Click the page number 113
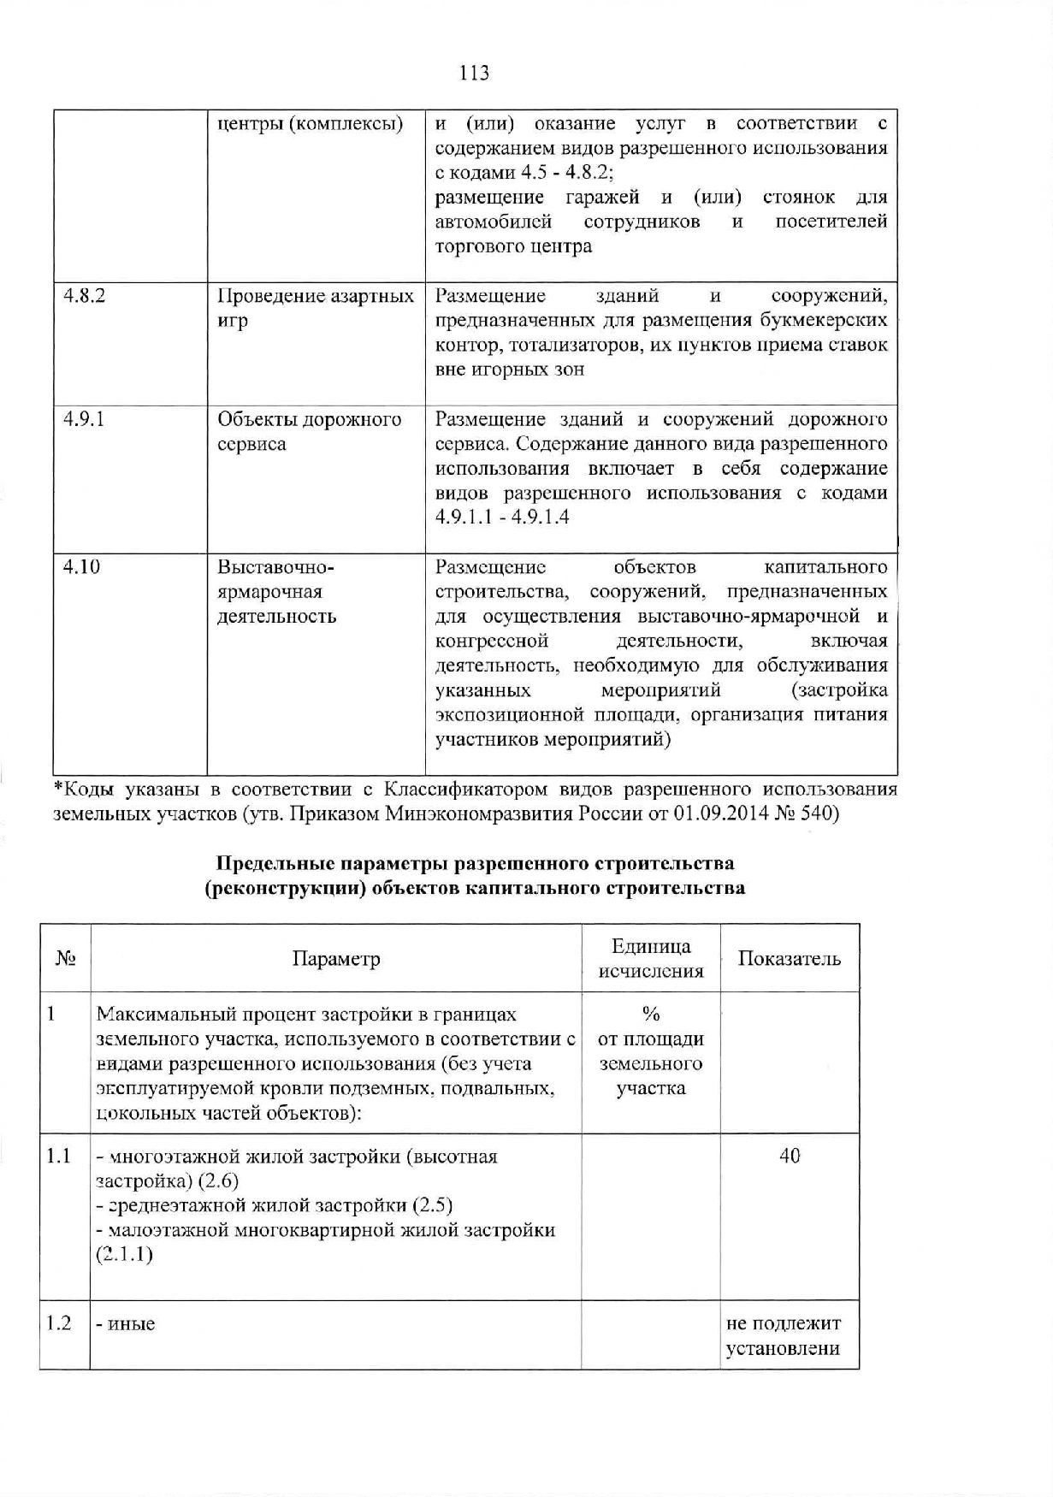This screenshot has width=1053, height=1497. [x=474, y=73]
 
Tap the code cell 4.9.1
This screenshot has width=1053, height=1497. [x=84, y=419]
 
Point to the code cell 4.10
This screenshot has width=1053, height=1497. [x=81, y=566]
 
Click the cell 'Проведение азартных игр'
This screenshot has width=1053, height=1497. [x=315, y=308]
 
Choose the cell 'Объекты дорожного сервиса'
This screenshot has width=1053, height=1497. [x=309, y=431]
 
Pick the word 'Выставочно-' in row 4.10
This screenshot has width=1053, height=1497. [x=275, y=567]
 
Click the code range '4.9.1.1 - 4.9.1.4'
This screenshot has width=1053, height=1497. [x=502, y=518]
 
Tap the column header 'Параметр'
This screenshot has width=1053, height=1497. [x=336, y=959]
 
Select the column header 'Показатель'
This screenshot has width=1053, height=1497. [x=789, y=959]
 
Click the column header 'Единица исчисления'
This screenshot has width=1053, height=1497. [x=651, y=958]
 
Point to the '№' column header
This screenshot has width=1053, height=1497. [x=66, y=959]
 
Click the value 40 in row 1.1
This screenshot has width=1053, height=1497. [x=789, y=1157]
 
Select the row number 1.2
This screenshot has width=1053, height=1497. [x=58, y=1323]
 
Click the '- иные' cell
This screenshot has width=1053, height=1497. [x=126, y=1324]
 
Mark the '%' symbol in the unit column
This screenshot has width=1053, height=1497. [x=651, y=1015]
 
